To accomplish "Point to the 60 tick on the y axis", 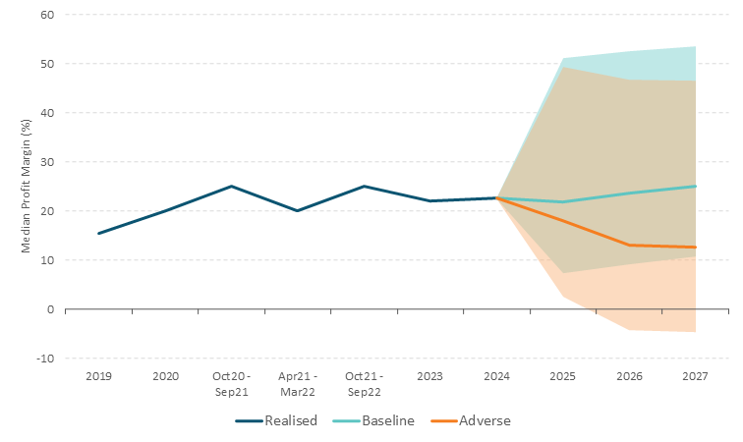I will (x=47, y=15).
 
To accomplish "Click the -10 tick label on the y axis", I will (x=45, y=359).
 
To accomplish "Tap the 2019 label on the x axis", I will (x=98, y=375).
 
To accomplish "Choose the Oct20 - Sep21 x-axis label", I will (x=231, y=383).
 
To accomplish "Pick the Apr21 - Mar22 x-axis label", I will (x=298, y=383).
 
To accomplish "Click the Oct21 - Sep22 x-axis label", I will (x=364, y=383).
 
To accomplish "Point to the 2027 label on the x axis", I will (x=695, y=375).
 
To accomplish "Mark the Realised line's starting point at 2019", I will (x=98, y=234).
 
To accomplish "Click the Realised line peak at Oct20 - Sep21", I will (x=231, y=187).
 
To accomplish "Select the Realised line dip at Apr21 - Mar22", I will (x=298, y=211).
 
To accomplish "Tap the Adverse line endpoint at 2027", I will (x=695, y=248).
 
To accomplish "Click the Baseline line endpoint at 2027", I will (x=695, y=187).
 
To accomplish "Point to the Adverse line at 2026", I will (x=629, y=246).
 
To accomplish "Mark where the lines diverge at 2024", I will (x=496, y=198).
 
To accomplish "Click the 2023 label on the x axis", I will (x=430, y=375).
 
